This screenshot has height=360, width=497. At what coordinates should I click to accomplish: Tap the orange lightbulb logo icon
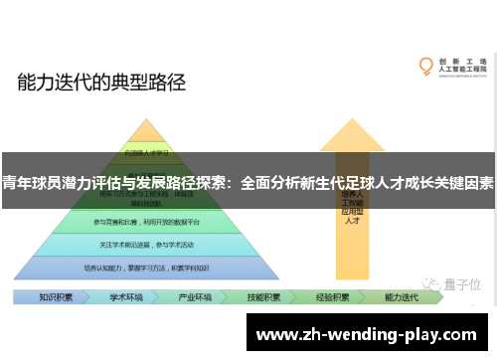coord(426,67)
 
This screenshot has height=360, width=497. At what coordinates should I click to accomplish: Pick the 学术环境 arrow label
coord(126,296)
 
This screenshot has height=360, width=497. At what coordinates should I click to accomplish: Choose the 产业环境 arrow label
coord(195,296)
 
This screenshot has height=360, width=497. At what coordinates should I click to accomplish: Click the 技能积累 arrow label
coord(263,296)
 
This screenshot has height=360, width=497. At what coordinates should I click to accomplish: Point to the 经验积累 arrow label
coord(332,296)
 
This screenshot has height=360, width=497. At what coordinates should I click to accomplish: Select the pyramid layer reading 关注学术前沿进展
coord(147,245)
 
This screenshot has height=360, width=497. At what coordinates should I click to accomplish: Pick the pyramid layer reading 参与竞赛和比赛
coord(147,221)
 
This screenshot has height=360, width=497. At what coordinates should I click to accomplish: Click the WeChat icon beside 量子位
coord(430,283)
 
